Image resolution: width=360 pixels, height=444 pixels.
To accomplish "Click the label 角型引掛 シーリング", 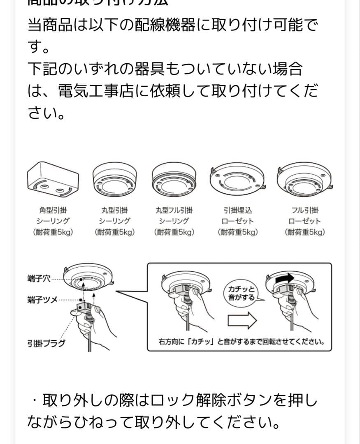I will (53, 216).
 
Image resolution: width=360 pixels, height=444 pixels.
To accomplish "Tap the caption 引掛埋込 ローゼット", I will (237, 216).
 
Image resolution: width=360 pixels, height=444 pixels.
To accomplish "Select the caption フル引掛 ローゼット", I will (304, 216).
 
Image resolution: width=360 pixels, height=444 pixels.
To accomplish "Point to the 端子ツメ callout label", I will (42, 300).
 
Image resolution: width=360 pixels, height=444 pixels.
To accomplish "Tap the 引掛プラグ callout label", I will (46, 343).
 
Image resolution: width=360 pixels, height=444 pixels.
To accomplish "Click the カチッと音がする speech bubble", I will (242, 293).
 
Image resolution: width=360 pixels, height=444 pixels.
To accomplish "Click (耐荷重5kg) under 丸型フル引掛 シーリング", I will (174, 232).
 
